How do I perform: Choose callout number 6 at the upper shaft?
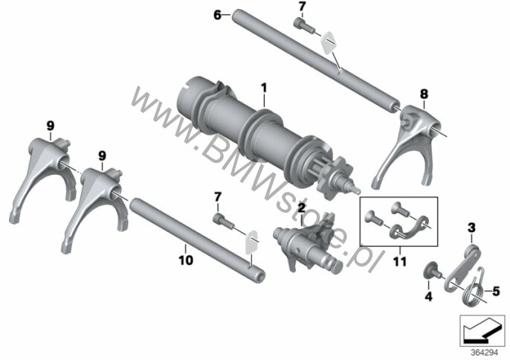(217, 14)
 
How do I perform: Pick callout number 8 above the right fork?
(424, 93)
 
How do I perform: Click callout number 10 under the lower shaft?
(185, 260)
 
